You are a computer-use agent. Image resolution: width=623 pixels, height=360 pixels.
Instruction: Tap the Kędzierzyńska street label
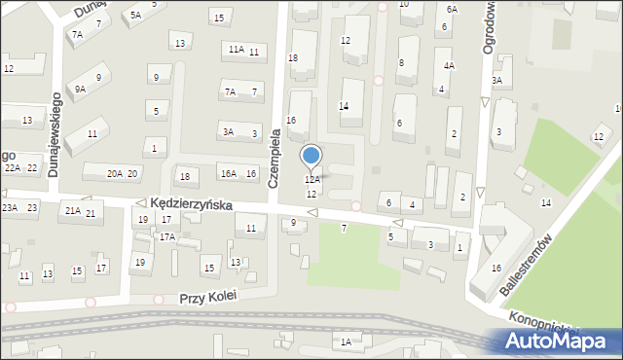coord(191,205)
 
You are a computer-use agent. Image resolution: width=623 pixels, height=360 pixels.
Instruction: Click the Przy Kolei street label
coord(208,297)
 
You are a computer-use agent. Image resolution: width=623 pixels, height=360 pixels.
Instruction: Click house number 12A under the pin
coord(311,180)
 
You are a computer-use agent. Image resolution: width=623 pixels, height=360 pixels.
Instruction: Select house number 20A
coord(114,173)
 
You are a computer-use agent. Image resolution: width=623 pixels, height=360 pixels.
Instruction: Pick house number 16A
coord(228,173)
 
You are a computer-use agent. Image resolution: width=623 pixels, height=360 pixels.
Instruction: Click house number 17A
coord(167,236)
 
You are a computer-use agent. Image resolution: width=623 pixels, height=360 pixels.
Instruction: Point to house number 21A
coord(72,210)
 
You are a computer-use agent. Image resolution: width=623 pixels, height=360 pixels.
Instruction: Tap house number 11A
coord(236,49)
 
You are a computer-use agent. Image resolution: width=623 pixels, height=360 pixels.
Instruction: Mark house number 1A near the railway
coord(346,341)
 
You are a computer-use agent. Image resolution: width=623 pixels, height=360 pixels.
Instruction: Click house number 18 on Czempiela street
coord(293,58)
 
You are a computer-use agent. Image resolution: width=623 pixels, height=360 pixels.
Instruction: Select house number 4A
coord(449,65)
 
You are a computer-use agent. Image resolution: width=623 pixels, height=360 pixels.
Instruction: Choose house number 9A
coord(81,89)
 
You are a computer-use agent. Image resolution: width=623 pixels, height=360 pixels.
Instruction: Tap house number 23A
coord(9,207)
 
